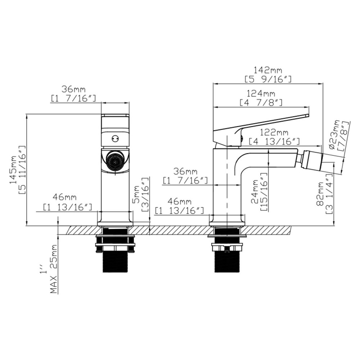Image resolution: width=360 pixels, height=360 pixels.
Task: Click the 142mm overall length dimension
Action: pos(267,70)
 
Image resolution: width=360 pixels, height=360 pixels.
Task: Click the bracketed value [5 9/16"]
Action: pos(267,79)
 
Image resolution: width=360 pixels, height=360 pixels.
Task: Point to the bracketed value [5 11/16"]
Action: pos(22,170)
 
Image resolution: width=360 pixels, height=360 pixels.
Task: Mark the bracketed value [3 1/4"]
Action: pos(329,194)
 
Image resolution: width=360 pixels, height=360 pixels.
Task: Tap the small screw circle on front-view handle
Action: pos(115,138)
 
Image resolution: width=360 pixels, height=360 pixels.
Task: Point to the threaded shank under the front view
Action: pos(115,259)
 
